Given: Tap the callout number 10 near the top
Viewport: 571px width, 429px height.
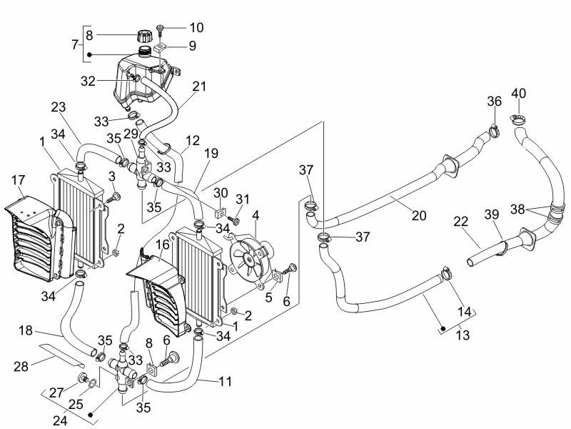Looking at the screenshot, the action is (x=197, y=27).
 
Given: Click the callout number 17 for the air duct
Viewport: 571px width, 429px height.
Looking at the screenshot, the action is (x=18, y=179).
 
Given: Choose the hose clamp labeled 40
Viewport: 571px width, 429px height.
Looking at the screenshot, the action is (x=517, y=119).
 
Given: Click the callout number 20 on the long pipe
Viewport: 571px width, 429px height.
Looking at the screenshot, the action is (x=419, y=215).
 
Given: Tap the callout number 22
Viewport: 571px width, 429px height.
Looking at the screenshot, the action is (x=461, y=221).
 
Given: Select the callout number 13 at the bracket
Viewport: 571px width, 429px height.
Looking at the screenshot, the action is (x=463, y=334).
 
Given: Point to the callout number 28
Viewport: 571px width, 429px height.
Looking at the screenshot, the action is (x=21, y=366).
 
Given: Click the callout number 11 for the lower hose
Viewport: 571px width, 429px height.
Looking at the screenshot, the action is (x=225, y=381).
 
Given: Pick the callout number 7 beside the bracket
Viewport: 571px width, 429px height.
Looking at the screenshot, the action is (x=75, y=44).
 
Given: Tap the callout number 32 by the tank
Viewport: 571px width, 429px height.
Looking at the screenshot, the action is (x=88, y=81).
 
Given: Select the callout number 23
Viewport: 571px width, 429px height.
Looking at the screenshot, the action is (x=59, y=107).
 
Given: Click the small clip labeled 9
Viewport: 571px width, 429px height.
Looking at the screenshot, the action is (x=160, y=47).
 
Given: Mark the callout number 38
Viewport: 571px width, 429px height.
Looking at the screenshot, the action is (x=517, y=209).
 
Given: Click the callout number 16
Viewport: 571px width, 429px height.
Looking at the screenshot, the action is (x=163, y=245).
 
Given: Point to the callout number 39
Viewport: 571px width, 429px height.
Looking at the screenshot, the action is (x=492, y=214).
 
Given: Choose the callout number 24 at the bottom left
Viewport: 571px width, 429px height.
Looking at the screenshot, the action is (x=61, y=420).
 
